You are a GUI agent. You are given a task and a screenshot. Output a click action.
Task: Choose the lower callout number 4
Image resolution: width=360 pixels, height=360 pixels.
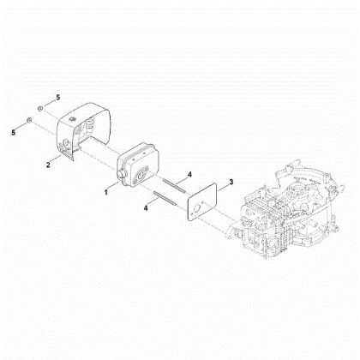pyautogui.click(x=147, y=206)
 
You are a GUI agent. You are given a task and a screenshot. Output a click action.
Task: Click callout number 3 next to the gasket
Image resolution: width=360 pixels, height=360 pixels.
pyautogui.click(x=231, y=183)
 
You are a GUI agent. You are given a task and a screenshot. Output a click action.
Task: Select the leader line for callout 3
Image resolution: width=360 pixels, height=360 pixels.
pyautogui.click(x=222, y=185)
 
